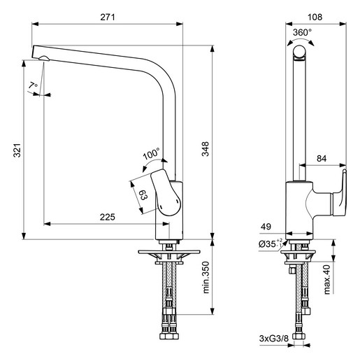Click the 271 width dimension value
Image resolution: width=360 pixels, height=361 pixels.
coord(108,17)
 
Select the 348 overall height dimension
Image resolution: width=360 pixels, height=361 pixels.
coord(206,149)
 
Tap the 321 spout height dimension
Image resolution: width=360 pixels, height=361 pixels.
coord(17,150)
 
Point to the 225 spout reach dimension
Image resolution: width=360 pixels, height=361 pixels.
coord(108,217)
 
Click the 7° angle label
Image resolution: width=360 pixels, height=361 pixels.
coord(33,85)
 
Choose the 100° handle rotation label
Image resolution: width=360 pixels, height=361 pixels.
coord(151,154)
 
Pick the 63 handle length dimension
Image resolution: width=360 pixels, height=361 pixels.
coord(143,195)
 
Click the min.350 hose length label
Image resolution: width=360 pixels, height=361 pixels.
coord(206,277)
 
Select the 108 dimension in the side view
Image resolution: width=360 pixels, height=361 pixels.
coord(315,17)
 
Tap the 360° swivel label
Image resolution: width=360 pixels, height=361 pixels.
coord(302,32)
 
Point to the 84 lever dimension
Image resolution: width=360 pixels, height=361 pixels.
coord(322,159)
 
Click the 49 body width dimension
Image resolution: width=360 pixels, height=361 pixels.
coord(266,227)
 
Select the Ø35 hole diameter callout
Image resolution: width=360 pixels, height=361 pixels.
coord(271,244)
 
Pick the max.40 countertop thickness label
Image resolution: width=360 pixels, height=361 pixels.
coord(327,279)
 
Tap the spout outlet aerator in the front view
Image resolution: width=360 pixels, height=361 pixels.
coord(44,58)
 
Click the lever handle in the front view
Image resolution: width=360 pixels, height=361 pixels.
coord(166,192)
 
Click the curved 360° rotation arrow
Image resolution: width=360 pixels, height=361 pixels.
coord(301,40)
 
